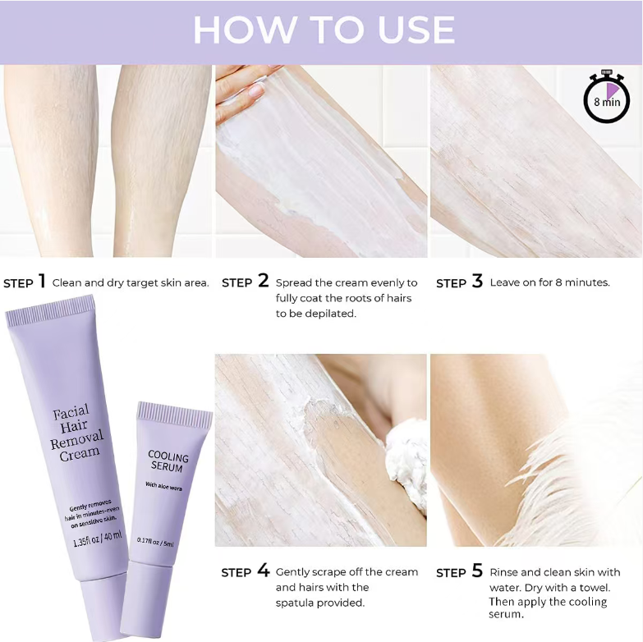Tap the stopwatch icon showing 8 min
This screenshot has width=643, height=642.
[607, 97]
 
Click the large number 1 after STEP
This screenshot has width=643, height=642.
[41, 282]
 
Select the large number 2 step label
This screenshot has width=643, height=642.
[264, 281]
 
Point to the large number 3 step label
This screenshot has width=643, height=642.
[477, 282]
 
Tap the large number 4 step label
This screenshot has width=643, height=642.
[264, 571]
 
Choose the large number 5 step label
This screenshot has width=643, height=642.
[477, 571]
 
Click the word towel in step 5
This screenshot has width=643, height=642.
[594, 588]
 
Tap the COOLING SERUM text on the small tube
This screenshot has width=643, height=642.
[168, 461]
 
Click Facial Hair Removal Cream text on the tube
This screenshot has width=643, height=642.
[76, 433]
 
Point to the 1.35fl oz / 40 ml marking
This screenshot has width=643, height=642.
[97, 539]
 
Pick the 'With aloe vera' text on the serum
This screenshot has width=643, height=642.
[163, 486]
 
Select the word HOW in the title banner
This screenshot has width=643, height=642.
[245, 30]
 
